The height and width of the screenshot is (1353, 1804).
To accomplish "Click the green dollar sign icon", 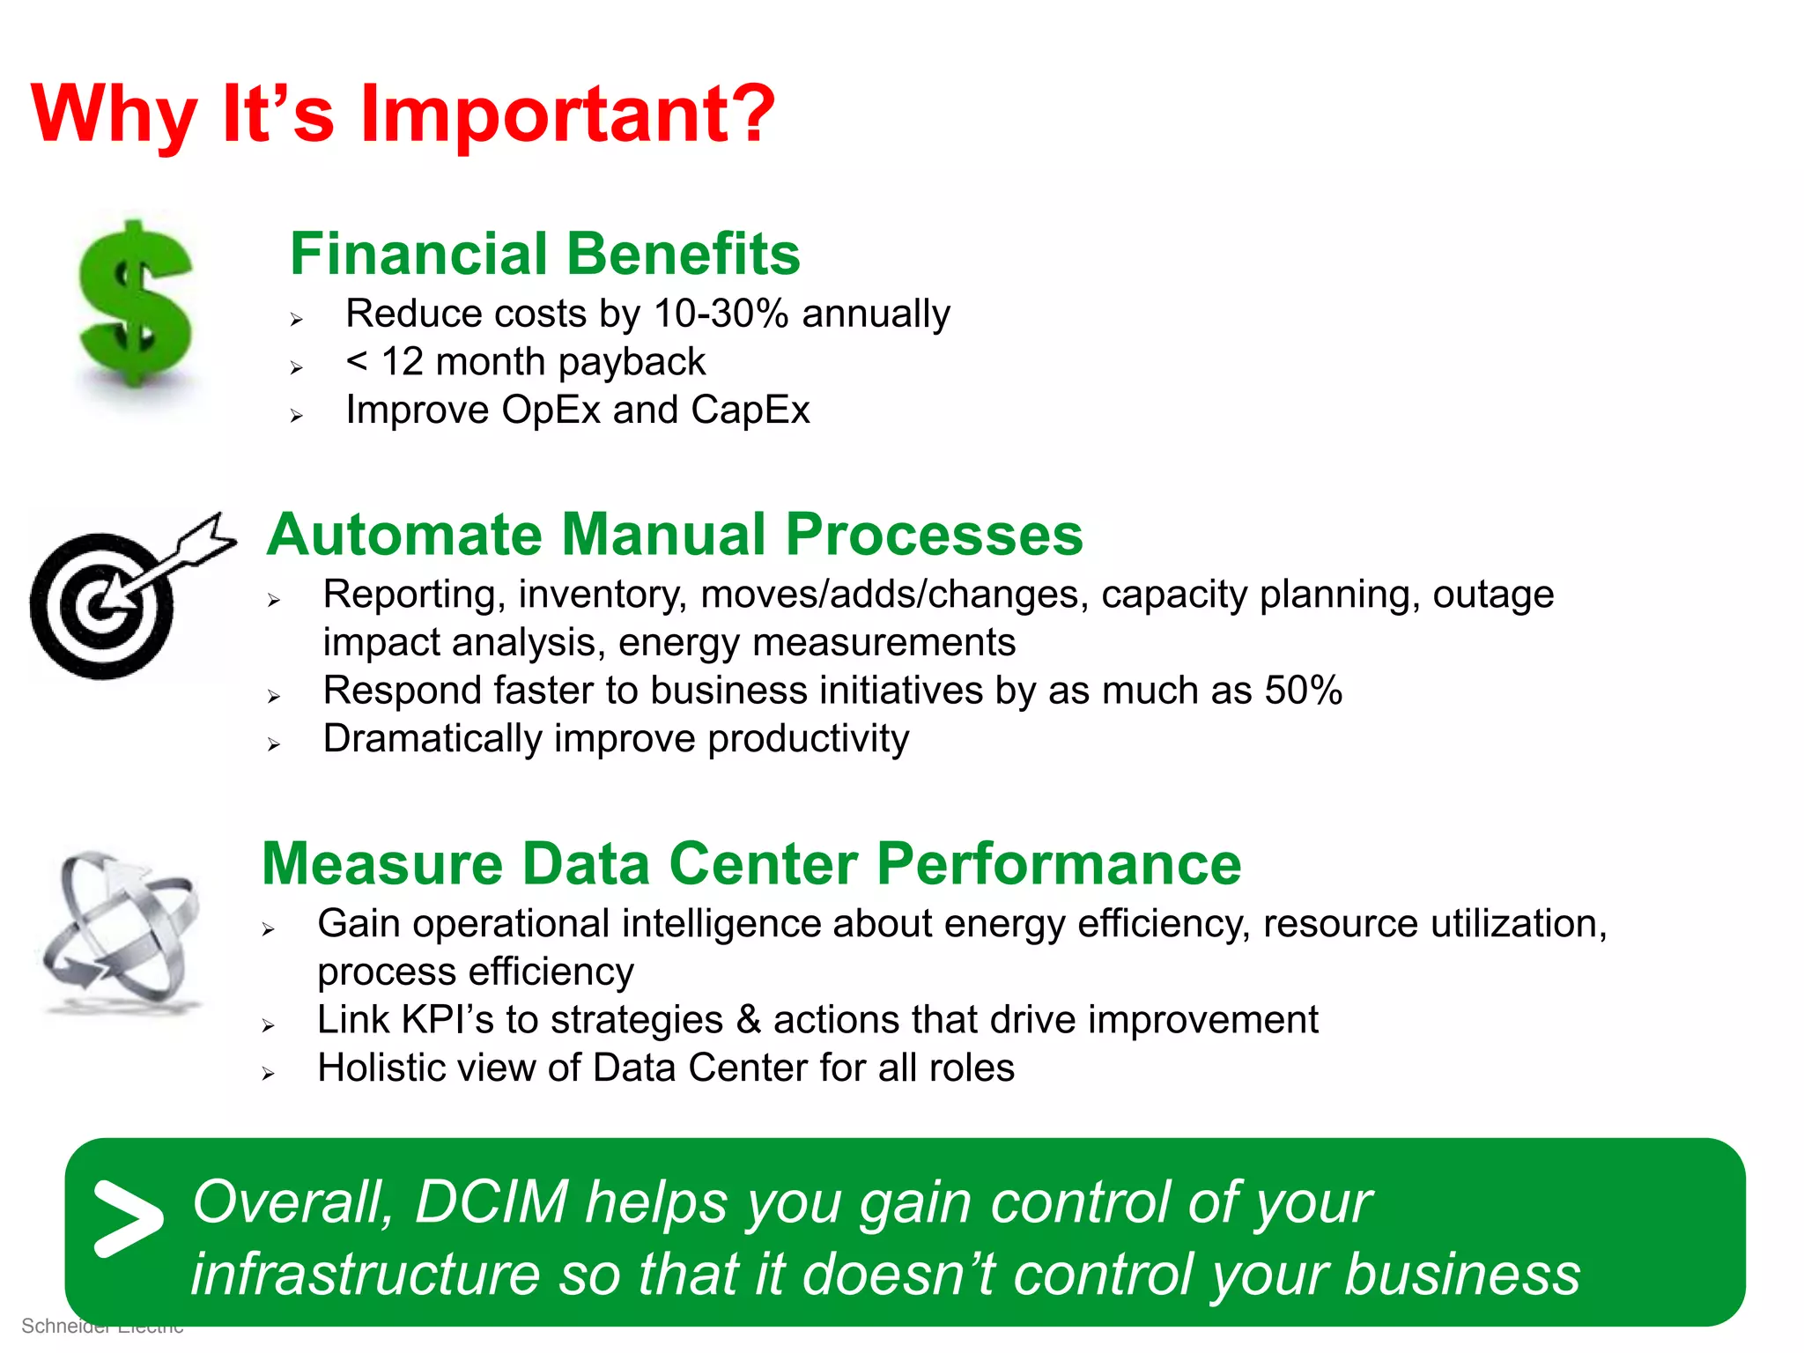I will click(x=136, y=304).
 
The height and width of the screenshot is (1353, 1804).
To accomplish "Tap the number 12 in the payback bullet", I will click(x=402, y=362).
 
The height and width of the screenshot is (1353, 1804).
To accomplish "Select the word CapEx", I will click(x=750, y=410).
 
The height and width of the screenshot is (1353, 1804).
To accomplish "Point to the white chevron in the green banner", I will click(x=128, y=1218).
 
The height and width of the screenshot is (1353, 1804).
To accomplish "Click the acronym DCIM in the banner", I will click(x=491, y=1202).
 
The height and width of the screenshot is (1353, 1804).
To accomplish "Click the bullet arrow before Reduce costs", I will click(x=297, y=320).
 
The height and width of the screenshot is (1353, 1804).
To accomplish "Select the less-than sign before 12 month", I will click(x=356, y=361).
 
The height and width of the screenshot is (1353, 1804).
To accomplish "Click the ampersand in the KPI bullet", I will click(x=748, y=1020).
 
